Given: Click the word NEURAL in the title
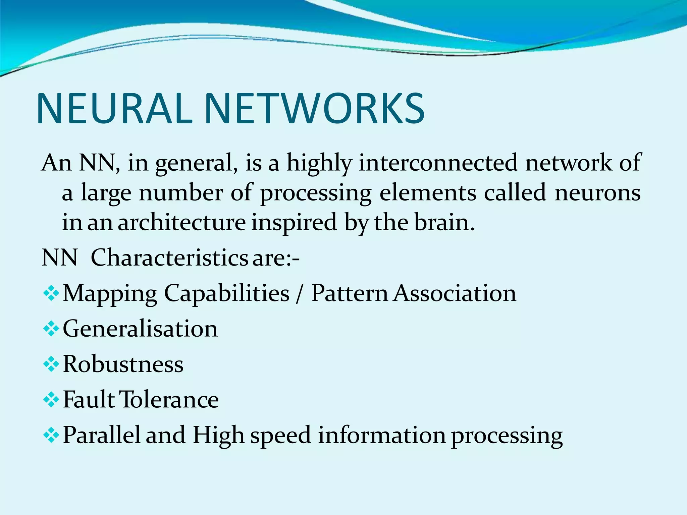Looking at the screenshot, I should click(x=114, y=109).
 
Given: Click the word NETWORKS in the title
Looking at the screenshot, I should click(x=314, y=109).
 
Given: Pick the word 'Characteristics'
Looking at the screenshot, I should click(x=169, y=258).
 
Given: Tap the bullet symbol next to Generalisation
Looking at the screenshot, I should click(x=51, y=329).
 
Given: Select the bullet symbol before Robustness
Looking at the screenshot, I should click(x=51, y=364).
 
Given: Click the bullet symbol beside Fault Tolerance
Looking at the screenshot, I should click(x=51, y=400).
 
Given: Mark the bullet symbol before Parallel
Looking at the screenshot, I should click(x=51, y=436).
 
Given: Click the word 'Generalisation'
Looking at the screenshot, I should click(x=140, y=329).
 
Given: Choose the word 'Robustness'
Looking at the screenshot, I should click(x=123, y=364).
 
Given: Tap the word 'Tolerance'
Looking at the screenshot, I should click(x=169, y=400).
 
